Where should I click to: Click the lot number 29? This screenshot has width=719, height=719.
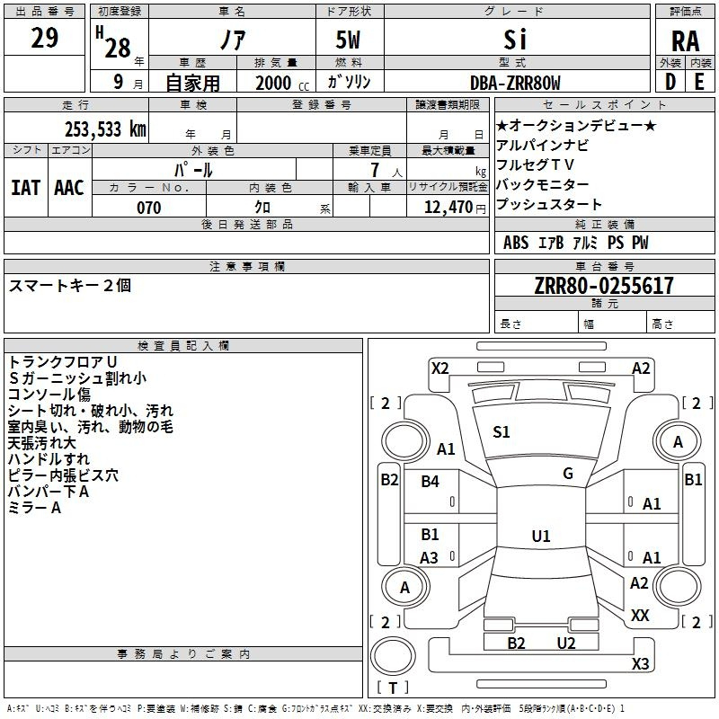[45, 39]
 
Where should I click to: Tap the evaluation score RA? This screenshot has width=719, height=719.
[685, 40]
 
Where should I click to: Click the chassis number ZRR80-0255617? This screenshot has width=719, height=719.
[603, 286]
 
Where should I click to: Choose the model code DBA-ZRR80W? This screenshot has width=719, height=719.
[515, 83]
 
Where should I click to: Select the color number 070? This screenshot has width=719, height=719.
[148, 208]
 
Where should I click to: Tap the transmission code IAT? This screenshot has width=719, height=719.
[25, 188]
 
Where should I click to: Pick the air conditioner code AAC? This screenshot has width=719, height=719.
[69, 188]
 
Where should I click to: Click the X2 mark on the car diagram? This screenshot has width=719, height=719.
[439, 368]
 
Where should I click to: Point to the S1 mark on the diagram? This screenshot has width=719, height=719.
[502, 432]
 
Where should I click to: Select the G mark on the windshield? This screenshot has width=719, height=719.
[567, 474]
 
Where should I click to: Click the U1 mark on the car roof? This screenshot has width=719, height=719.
[540, 537]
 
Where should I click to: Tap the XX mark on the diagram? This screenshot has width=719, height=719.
[640, 615]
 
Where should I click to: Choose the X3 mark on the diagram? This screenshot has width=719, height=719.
[640, 664]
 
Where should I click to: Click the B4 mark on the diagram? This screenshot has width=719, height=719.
[431, 482]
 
